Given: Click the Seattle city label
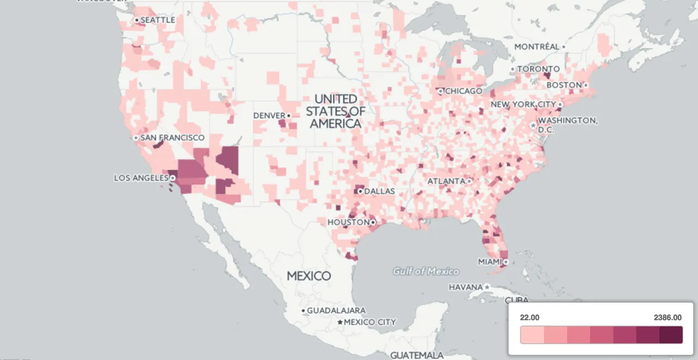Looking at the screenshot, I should [x=158, y=20].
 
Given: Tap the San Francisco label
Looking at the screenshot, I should [x=172, y=138].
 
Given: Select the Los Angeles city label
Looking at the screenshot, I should [x=141, y=178].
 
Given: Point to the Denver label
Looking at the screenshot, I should [x=269, y=116].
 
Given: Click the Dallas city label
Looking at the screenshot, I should [x=379, y=191].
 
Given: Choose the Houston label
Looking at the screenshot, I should [x=348, y=223].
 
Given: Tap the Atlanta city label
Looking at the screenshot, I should [x=446, y=181].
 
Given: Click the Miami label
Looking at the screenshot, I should [x=489, y=262].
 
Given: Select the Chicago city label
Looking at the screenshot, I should [x=464, y=91].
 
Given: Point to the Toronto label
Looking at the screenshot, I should [x=538, y=69].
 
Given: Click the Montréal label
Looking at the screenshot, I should [x=537, y=47].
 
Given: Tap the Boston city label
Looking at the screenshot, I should [x=564, y=85].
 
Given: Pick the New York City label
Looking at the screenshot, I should [x=523, y=104].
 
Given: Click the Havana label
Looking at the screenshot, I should [x=466, y=287].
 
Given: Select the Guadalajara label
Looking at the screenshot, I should [x=336, y=310].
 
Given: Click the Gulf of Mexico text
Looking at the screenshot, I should [x=426, y=271].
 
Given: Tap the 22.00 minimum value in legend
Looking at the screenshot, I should [x=530, y=317].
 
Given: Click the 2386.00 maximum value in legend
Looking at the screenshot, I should [x=667, y=317].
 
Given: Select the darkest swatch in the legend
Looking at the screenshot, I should [x=671, y=335].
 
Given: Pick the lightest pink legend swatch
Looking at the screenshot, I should [x=532, y=335].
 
